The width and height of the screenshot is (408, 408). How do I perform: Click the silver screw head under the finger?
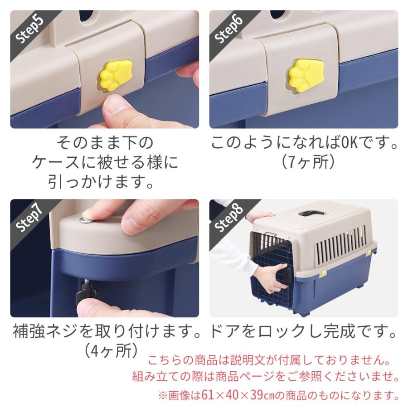coord(84,220)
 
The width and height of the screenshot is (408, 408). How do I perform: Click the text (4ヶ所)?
coord(109,350)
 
